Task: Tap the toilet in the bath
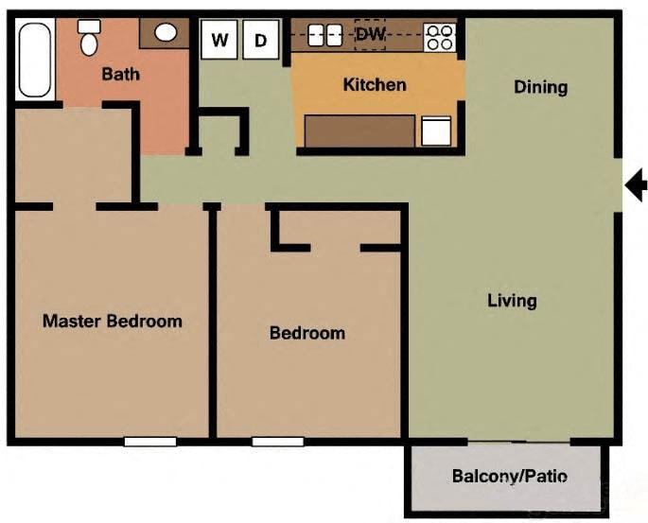[x=90, y=38]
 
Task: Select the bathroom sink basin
[x=166, y=33]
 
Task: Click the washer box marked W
[x=219, y=40]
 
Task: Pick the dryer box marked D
[x=261, y=40]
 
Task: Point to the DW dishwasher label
[x=370, y=34]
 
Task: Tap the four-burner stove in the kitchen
[x=440, y=37]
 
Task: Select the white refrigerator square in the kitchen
[x=436, y=131]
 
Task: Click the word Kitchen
[x=375, y=85]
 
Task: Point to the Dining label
[x=540, y=87]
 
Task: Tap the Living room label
[x=512, y=301]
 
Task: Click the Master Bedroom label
[x=112, y=321]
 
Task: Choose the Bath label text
[x=121, y=73]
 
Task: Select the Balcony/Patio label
[x=504, y=476]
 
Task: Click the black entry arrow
[x=638, y=183]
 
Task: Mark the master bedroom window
[x=149, y=441]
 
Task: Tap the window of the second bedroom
[x=277, y=441]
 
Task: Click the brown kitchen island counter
[x=359, y=131]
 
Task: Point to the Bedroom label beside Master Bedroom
[x=306, y=333]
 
